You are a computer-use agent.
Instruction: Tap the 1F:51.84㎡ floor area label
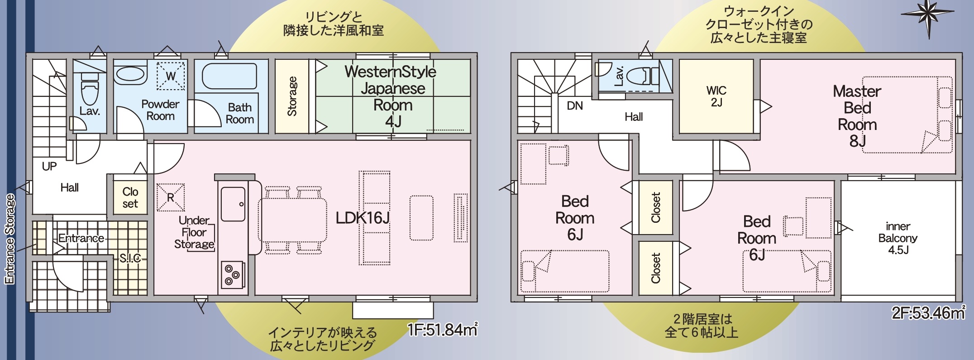pos(442,330)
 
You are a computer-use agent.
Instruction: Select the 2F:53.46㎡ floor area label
pos(928,313)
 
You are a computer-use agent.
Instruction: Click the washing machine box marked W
pos(171,75)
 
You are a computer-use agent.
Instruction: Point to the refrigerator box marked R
pos(171,197)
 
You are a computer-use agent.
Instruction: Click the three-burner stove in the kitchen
pos(233,274)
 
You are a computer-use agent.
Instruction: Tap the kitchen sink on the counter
pos(233,204)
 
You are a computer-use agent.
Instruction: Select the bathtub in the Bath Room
pos(229,76)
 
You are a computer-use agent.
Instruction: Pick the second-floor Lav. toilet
pos(643,76)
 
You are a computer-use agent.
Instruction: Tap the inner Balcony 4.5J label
pos(898,238)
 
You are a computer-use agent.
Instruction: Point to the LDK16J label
pos(363,218)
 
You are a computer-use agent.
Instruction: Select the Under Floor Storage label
pos(194,232)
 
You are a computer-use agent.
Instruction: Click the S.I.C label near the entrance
pos(130,259)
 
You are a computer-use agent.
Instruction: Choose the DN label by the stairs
pos(575,106)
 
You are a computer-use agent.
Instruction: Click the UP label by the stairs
pos(49,167)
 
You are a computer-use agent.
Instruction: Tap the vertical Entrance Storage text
pos(10,239)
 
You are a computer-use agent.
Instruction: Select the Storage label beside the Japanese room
pos(292,96)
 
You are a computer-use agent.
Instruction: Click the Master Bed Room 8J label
pos(857,116)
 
